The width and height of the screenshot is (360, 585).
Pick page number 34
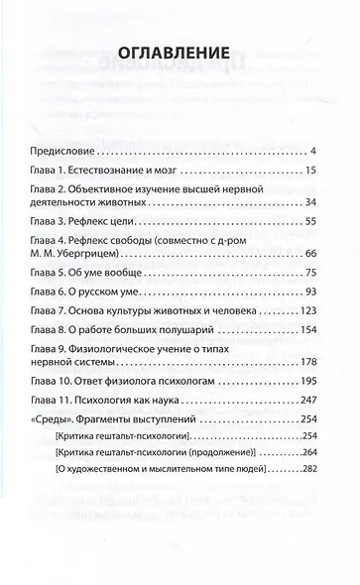pyautogui.click(x=309, y=202)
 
